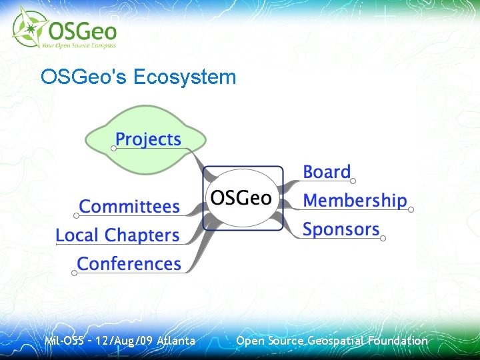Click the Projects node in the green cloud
(148, 139)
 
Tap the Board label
(327, 171)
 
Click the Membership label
(355, 200)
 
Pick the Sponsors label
(341, 229)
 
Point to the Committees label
(129, 207)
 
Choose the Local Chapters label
(117, 235)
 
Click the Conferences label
(129, 264)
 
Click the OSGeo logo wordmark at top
(80, 30)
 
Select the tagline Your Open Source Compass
(79, 45)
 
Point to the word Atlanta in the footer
(176, 341)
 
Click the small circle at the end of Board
(353, 181)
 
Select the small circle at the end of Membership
(411, 209)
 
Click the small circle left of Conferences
(74, 272)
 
